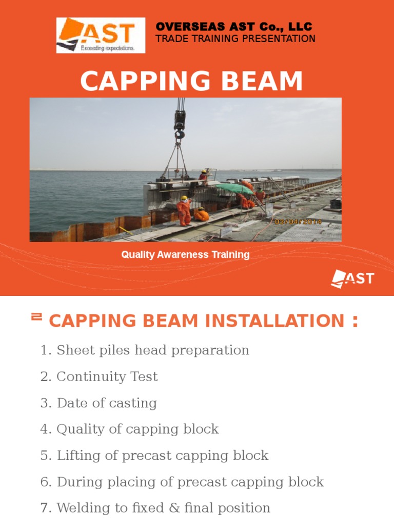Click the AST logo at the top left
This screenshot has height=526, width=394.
tap(101, 35)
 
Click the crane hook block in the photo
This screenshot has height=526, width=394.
tap(179, 123)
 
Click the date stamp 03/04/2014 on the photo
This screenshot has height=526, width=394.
tap(298, 222)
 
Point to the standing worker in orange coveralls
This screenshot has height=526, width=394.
tap(184, 211)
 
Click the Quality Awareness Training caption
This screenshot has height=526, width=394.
tap(185, 255)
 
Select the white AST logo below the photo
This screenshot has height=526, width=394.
tap(352, 279)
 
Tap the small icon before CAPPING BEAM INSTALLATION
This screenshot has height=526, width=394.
tap(36, 317)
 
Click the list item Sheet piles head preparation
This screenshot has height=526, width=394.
tap(152, 350)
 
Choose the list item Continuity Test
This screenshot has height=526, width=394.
tap(107, 377)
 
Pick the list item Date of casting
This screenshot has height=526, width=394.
tap(107, 403)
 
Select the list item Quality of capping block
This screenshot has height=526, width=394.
tap(137, 429)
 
